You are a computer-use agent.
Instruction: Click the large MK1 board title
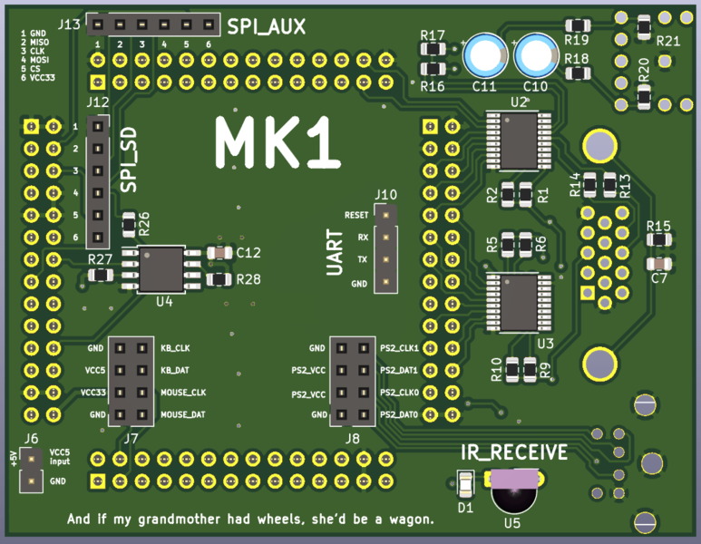click(x=271, y=143)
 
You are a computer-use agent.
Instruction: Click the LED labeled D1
click(x=465, y=483)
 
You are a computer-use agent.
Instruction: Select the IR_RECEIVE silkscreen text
click(x=514, y=452)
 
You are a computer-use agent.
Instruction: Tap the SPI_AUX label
click(x=266, y=27)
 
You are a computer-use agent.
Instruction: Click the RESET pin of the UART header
click(x=387, y=216)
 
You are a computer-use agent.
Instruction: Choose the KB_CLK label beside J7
click(x=176, y=348)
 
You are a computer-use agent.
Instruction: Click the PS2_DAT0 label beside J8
click(x=399, y=414)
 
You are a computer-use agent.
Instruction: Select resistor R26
click(x=129, y=222)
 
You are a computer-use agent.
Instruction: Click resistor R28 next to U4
click(x=218, y=279)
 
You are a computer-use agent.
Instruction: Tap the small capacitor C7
click(x=659, y=263)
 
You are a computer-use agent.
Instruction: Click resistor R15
click(x=658, y=240)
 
